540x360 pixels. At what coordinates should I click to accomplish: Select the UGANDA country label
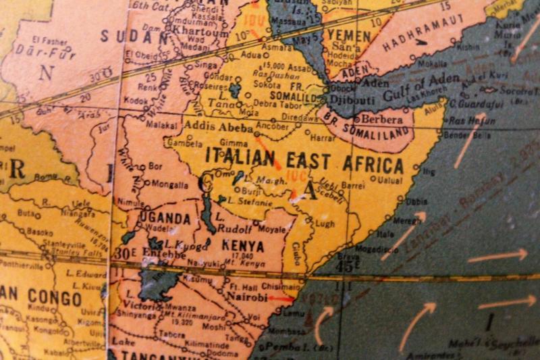click(x=165, y=218)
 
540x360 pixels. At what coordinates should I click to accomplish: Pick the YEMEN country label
click(x=348, y=35)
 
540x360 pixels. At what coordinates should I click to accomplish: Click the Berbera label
click(x=383, y=118)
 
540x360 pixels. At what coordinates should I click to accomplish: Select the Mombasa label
click(x=288, y=332)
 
